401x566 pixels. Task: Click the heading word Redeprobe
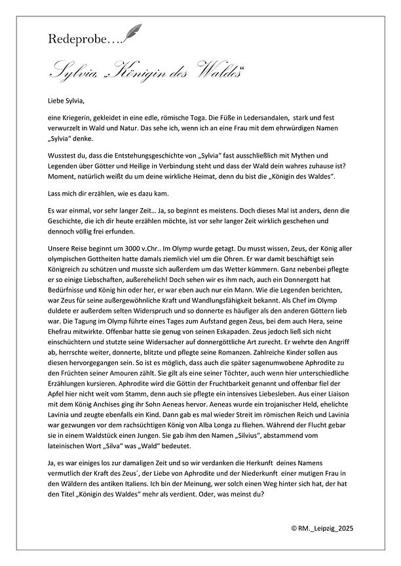pyautogui.click(x=71, y=39)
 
